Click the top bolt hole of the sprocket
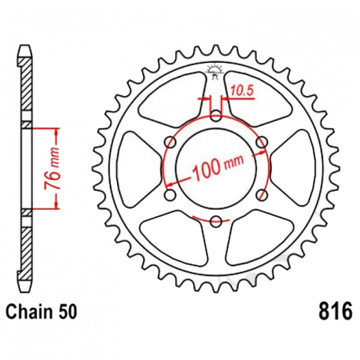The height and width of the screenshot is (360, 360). tap(216, 117)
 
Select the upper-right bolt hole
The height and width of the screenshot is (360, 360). tap(261, 142)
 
